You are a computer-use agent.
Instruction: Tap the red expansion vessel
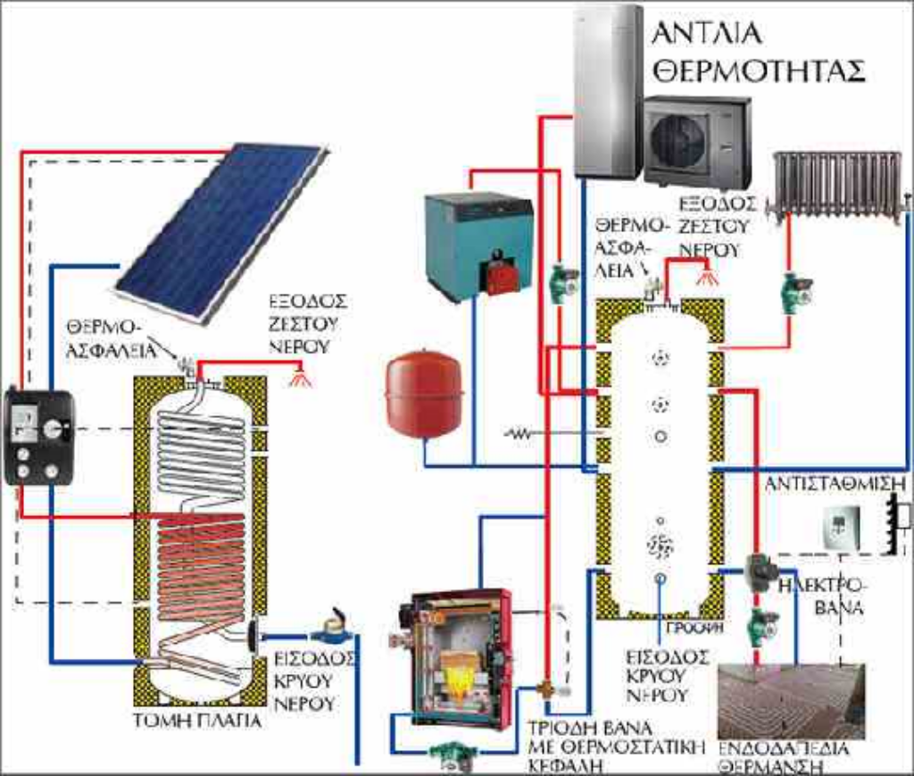tap(424, 393)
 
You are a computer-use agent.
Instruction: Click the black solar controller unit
tap(38, 437)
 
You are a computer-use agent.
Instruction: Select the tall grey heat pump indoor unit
tap(607, 89)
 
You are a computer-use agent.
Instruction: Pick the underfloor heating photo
tap(791, 701)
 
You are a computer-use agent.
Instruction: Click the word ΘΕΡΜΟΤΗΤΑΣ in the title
tap(759, 71)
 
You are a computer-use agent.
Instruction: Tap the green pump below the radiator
tap(794, 293)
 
